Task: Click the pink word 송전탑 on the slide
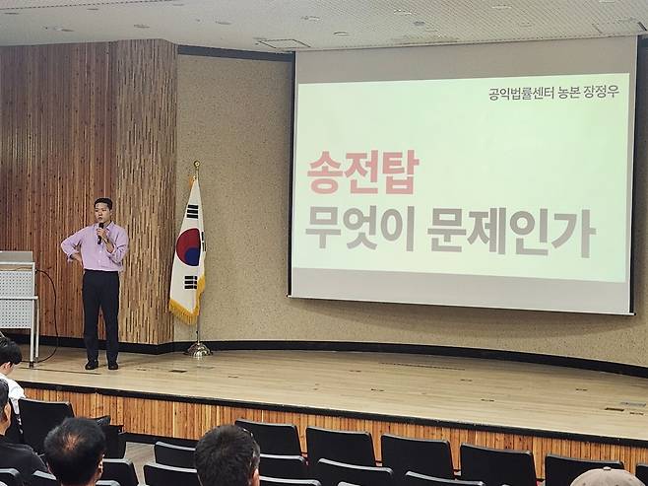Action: coord(362,173)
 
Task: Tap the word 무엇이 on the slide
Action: coord(359,231)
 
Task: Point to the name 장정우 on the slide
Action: coord(602,92)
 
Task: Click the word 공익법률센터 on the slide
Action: coord(521,93)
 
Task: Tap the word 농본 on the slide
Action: coord(568,93)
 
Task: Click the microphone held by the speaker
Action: coord(100,233)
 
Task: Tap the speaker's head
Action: coord(102,211)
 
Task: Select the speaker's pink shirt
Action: coord(96,247)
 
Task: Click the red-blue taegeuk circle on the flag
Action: coord(189,246)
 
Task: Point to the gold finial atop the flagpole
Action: coord(197,166)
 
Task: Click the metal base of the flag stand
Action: coord(198,351)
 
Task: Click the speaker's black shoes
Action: coord(101,365)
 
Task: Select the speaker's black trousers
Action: coord(100,316)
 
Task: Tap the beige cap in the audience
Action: coord(606,477)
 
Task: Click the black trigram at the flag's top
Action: coord(192,211)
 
